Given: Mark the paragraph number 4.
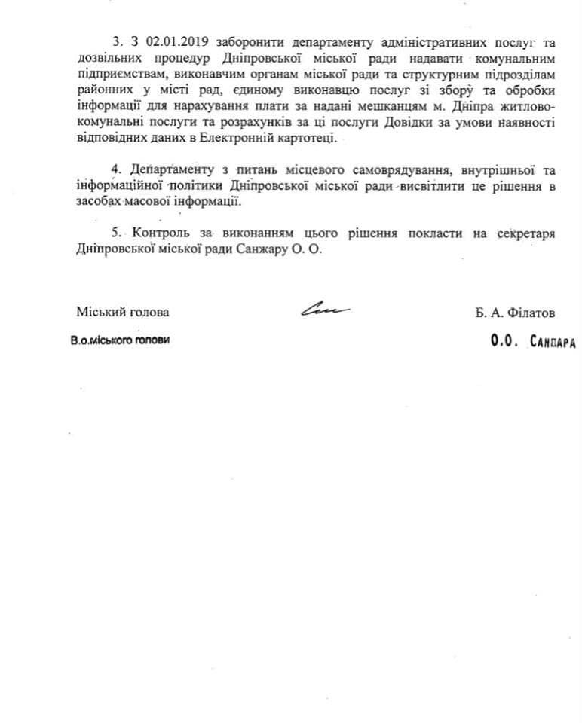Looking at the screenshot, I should pos(115,169).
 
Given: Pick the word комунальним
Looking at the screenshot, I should pos(518,58).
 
